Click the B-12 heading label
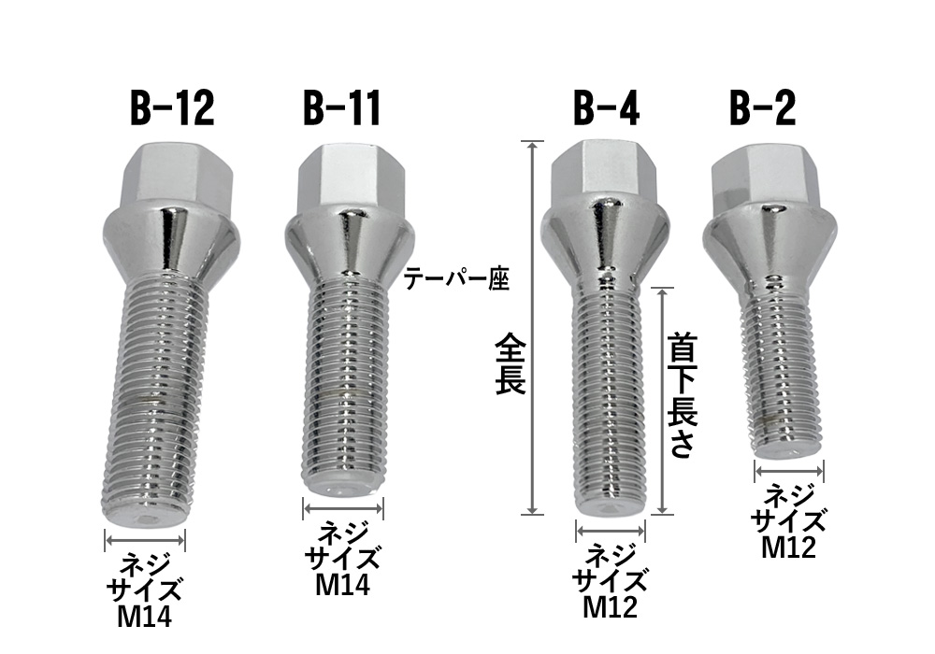(x=172, y=109)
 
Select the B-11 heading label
(x=342, y=109)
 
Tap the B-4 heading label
(x=606, y=109)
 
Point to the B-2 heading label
(x=763, y=109)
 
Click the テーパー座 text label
(x=456, y=279)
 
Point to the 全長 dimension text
(x=511, y=365)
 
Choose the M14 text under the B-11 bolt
(x=343, y=584)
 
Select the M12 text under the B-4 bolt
(x=611, y=607)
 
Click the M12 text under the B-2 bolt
(x=789, y=547)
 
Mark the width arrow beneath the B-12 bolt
(x=146, y=540)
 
